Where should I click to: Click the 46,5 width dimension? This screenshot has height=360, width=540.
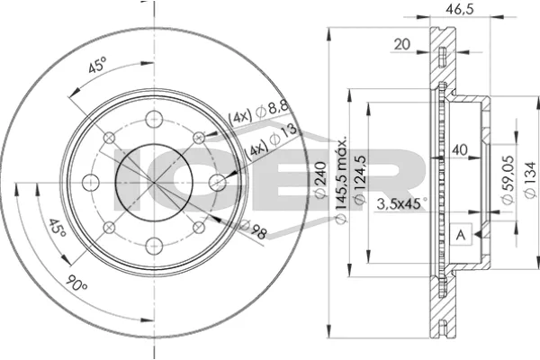pos(460,8)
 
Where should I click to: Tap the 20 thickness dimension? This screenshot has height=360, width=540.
pos(402,44)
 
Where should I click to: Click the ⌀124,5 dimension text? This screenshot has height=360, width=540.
pos(359,181)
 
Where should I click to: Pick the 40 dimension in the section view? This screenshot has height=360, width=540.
pos(459,150)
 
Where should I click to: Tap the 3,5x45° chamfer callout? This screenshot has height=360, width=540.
pos(401,203)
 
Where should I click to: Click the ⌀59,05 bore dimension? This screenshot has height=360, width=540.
pos(508,180)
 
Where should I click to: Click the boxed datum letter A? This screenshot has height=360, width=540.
pos(461,235)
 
